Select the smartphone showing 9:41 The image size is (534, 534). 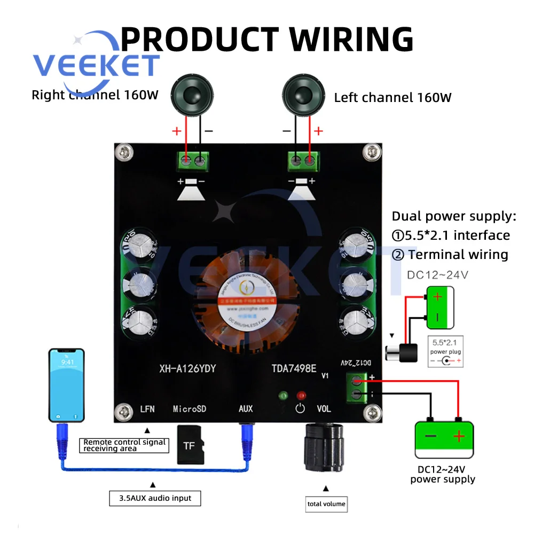[67, 384]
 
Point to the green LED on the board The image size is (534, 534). [284, 396]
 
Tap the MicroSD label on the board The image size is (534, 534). [189, 409]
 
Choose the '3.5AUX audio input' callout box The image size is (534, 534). [155, 498]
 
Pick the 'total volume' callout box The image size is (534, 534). [326, 504]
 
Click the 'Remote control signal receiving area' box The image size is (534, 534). [125, 445]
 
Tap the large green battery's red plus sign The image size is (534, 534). [459, 437]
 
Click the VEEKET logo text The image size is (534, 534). [96, 65]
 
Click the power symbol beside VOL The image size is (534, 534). [300, 409]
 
